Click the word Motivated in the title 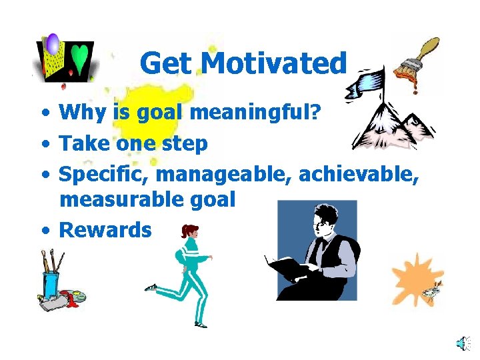point(274,64)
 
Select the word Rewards point(105,230)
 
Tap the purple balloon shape point(53,45)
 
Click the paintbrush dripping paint point(417,59)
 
